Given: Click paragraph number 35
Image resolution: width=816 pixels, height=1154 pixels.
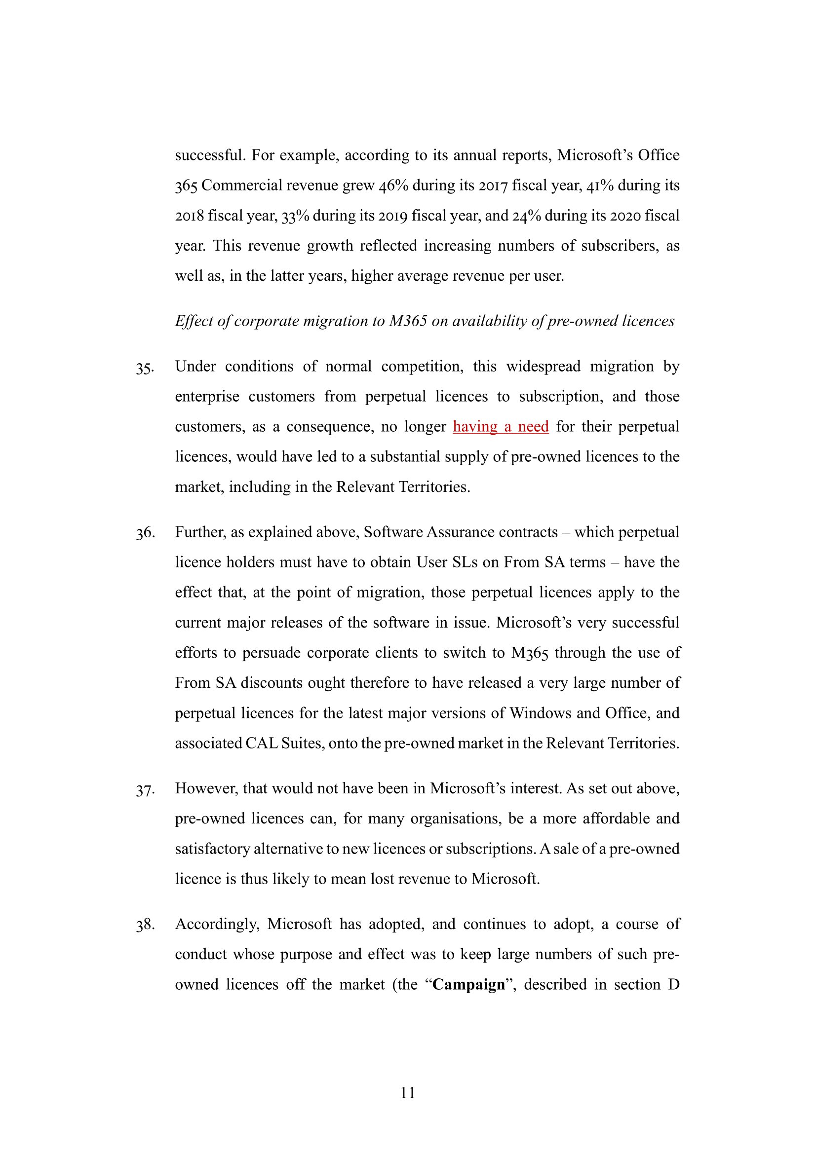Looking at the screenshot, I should [x=145, y=369].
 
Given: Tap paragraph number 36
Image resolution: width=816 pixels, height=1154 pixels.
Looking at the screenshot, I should [x=145, y=533].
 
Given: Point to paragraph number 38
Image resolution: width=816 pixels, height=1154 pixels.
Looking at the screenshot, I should [x=145, y=925].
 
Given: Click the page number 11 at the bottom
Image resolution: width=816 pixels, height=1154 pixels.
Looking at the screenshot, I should [x=408, y=1093].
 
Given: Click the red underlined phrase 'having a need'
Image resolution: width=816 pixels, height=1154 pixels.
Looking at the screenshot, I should [x=500, y=427].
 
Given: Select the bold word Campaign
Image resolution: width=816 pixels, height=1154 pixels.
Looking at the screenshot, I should [x=468, y=985].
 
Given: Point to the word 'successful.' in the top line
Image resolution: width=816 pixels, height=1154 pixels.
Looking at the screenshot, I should [x=210, y=155].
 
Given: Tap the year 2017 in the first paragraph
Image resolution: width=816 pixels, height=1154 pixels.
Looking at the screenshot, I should [x=493, y=186].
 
